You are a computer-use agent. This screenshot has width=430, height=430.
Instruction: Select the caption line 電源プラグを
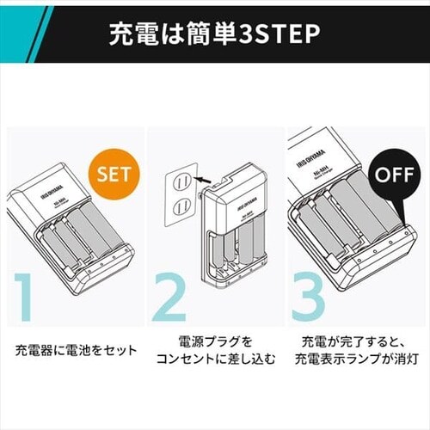214,342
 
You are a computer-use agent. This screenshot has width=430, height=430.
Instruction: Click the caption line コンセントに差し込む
214,361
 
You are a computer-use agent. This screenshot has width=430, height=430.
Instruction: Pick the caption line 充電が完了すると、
356,342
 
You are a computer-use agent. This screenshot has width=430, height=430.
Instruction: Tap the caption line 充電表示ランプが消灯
356,361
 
